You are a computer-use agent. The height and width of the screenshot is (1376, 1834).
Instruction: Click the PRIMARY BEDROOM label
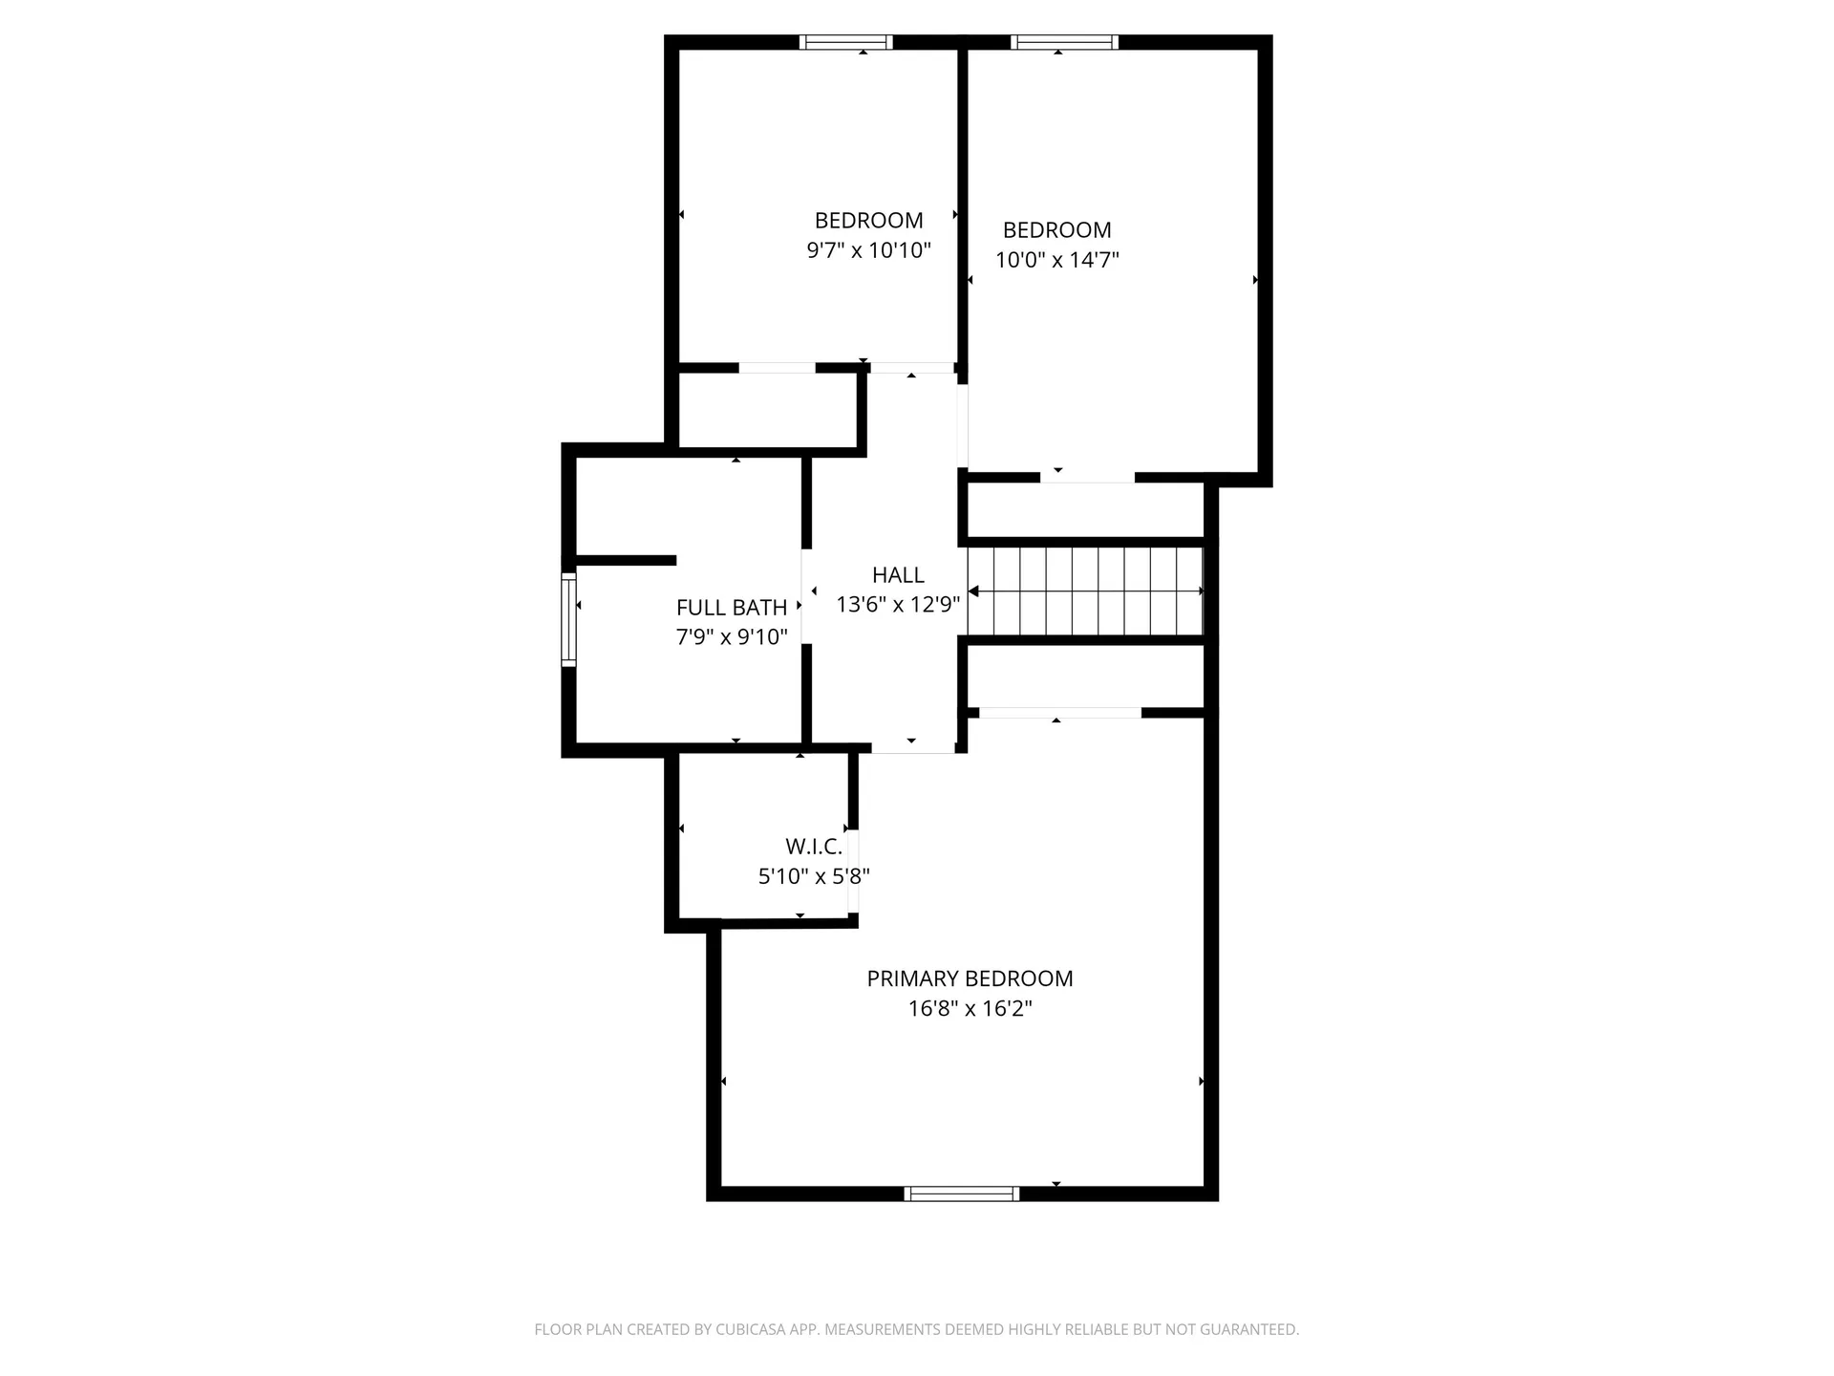point(970,978)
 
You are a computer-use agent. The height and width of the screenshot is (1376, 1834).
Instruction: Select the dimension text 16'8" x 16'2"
point(970,1009)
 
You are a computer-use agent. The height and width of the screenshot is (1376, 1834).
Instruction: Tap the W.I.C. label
point(814,847)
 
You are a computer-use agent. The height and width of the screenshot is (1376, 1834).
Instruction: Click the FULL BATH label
point(732,608)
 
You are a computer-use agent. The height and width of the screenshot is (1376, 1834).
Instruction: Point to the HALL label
point(898,575)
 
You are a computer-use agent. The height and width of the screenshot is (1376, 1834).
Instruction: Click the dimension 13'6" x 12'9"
point(898,605)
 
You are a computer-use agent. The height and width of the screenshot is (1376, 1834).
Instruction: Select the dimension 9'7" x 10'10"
point(868,250)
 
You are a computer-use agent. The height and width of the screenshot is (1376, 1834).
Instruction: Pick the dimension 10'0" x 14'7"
point(1056,260)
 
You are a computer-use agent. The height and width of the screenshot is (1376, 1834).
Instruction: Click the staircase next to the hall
point(1084,591)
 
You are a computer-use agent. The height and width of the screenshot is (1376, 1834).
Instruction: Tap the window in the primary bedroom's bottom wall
point(961,1193)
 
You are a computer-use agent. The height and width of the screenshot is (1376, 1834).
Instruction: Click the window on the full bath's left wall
point(568,619)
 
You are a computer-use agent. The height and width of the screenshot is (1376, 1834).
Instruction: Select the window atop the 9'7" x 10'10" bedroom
point(845,42)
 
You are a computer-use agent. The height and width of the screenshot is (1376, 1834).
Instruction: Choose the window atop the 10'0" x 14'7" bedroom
point(1064,42)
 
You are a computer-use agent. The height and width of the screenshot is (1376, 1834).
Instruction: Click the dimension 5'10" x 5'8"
point(814,876)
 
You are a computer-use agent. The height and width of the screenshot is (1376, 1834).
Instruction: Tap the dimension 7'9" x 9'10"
point(732,637)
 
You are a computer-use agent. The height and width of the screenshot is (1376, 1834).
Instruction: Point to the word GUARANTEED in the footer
point(1250,1329)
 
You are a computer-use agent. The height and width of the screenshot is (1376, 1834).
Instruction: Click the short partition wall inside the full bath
point(626,561)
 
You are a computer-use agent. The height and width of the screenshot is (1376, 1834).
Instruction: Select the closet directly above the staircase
point(1084,510)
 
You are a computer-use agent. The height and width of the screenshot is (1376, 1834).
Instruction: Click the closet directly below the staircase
point(1084,677)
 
